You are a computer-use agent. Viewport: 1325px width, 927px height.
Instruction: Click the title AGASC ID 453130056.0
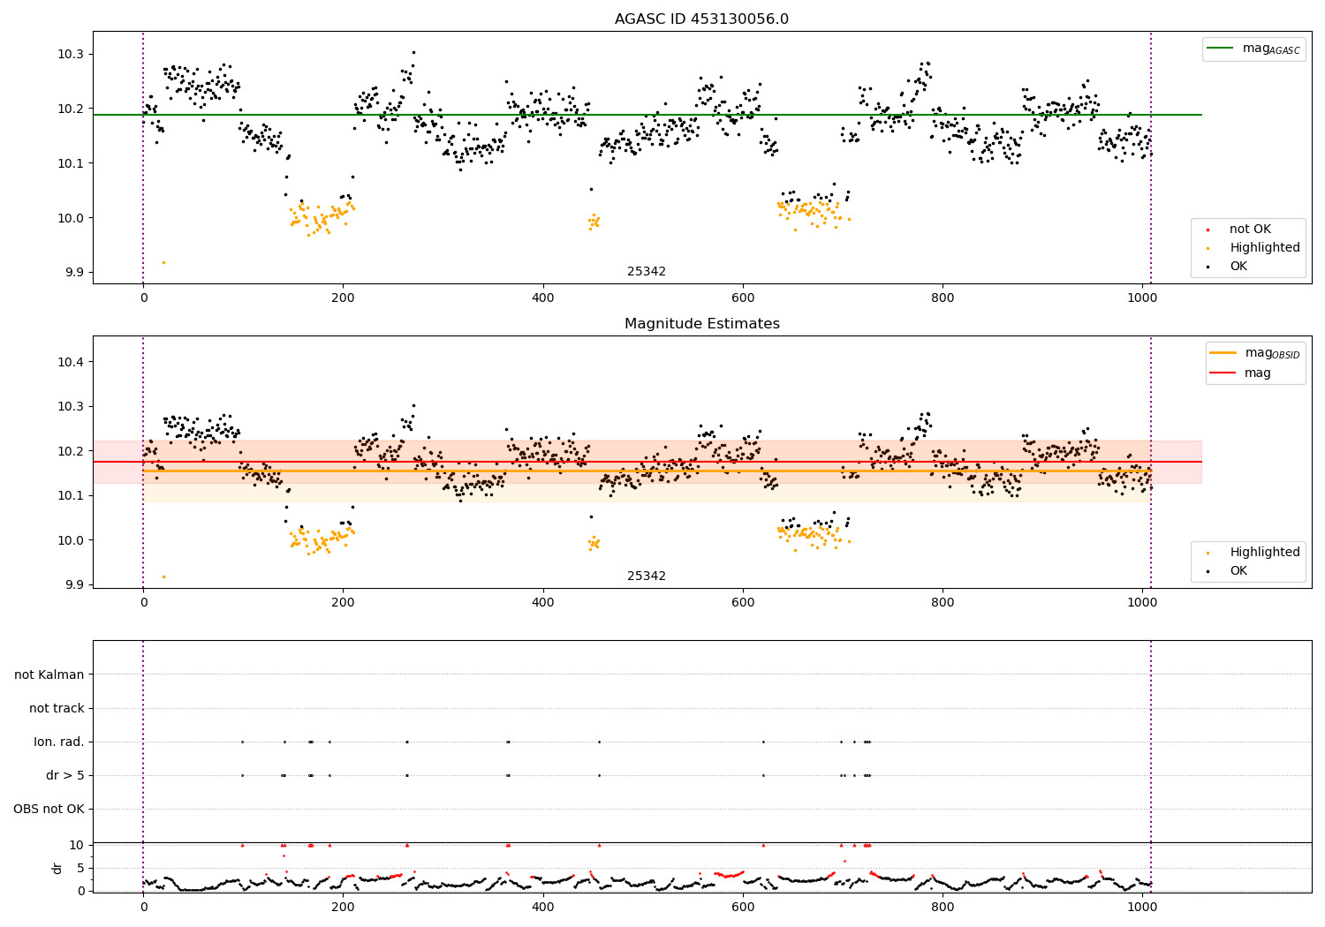701,19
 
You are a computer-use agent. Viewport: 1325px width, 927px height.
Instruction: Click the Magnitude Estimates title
701,324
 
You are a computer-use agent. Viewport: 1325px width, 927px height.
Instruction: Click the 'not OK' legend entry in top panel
1250,230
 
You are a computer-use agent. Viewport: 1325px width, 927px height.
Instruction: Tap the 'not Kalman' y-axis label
49,675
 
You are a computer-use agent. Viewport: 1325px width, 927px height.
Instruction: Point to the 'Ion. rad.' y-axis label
59,742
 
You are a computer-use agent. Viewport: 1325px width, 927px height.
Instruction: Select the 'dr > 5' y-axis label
65,775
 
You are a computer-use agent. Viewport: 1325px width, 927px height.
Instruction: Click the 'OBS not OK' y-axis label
49,809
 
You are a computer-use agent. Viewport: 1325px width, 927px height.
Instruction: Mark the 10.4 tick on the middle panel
70,362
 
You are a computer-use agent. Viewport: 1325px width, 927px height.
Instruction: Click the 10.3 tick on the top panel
70,54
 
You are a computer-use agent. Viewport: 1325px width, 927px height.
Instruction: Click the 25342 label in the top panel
647,271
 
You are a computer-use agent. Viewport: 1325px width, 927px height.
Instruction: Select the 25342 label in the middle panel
647,576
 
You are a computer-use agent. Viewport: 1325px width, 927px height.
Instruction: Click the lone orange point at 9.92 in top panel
163,262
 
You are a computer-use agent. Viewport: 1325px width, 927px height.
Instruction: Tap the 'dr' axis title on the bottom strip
57,868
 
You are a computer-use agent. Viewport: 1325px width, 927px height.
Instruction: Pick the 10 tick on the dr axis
77,845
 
